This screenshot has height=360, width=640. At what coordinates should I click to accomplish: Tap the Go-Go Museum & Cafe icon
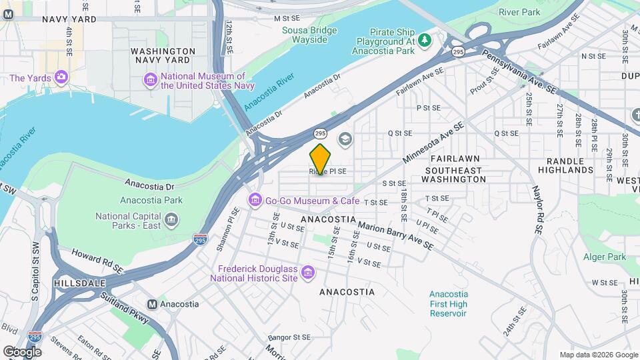pyautogui.click(x=255, y=200)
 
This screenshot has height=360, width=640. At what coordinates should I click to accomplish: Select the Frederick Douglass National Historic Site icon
pyautogui.click(x=307, y=272)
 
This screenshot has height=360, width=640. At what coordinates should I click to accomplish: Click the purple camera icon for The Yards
pyautogui.click(x=61, y=78)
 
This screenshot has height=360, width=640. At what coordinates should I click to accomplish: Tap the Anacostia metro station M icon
pyautogui.click(x=152, y=304)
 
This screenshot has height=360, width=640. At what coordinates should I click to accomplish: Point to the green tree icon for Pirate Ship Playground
pyautogui.click(x=425, y=41)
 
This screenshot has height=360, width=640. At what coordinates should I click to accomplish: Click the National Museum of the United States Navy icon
pyautogui.click(x=151, y=81)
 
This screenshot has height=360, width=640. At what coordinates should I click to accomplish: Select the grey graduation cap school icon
pyautogui.click(x=345, y=139)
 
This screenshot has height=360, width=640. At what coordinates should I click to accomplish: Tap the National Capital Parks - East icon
pyautogui.click(x=172, y=220)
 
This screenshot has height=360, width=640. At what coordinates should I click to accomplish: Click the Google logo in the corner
pyautogui.click(x=23, y=351)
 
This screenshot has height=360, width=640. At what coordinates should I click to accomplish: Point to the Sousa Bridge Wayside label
pyautogui.click(x=305, y=35)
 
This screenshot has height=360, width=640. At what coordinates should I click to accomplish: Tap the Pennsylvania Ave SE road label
pyautogui.click(x=519, y=71)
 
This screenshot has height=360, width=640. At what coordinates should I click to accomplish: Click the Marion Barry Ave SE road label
pyautogui.click(x=395, y=236)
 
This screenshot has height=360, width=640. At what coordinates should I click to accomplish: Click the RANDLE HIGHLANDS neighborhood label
pyautogui.click(x=569, y=165)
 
